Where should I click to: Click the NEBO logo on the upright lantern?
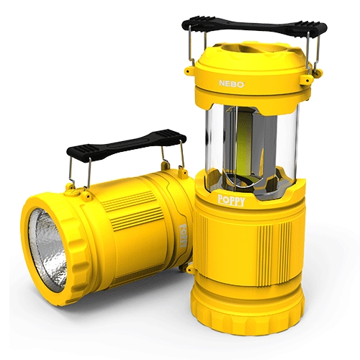click(231, 84)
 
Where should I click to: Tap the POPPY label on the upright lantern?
click(231, 201)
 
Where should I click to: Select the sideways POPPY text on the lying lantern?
click(184, 235)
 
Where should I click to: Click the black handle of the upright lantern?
click(254, 27)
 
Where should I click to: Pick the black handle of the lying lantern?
click(127, 145)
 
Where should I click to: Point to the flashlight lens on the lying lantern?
click(48, 250)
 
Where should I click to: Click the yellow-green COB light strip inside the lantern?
click(244, 144)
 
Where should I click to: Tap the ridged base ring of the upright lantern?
click(247, 315)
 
